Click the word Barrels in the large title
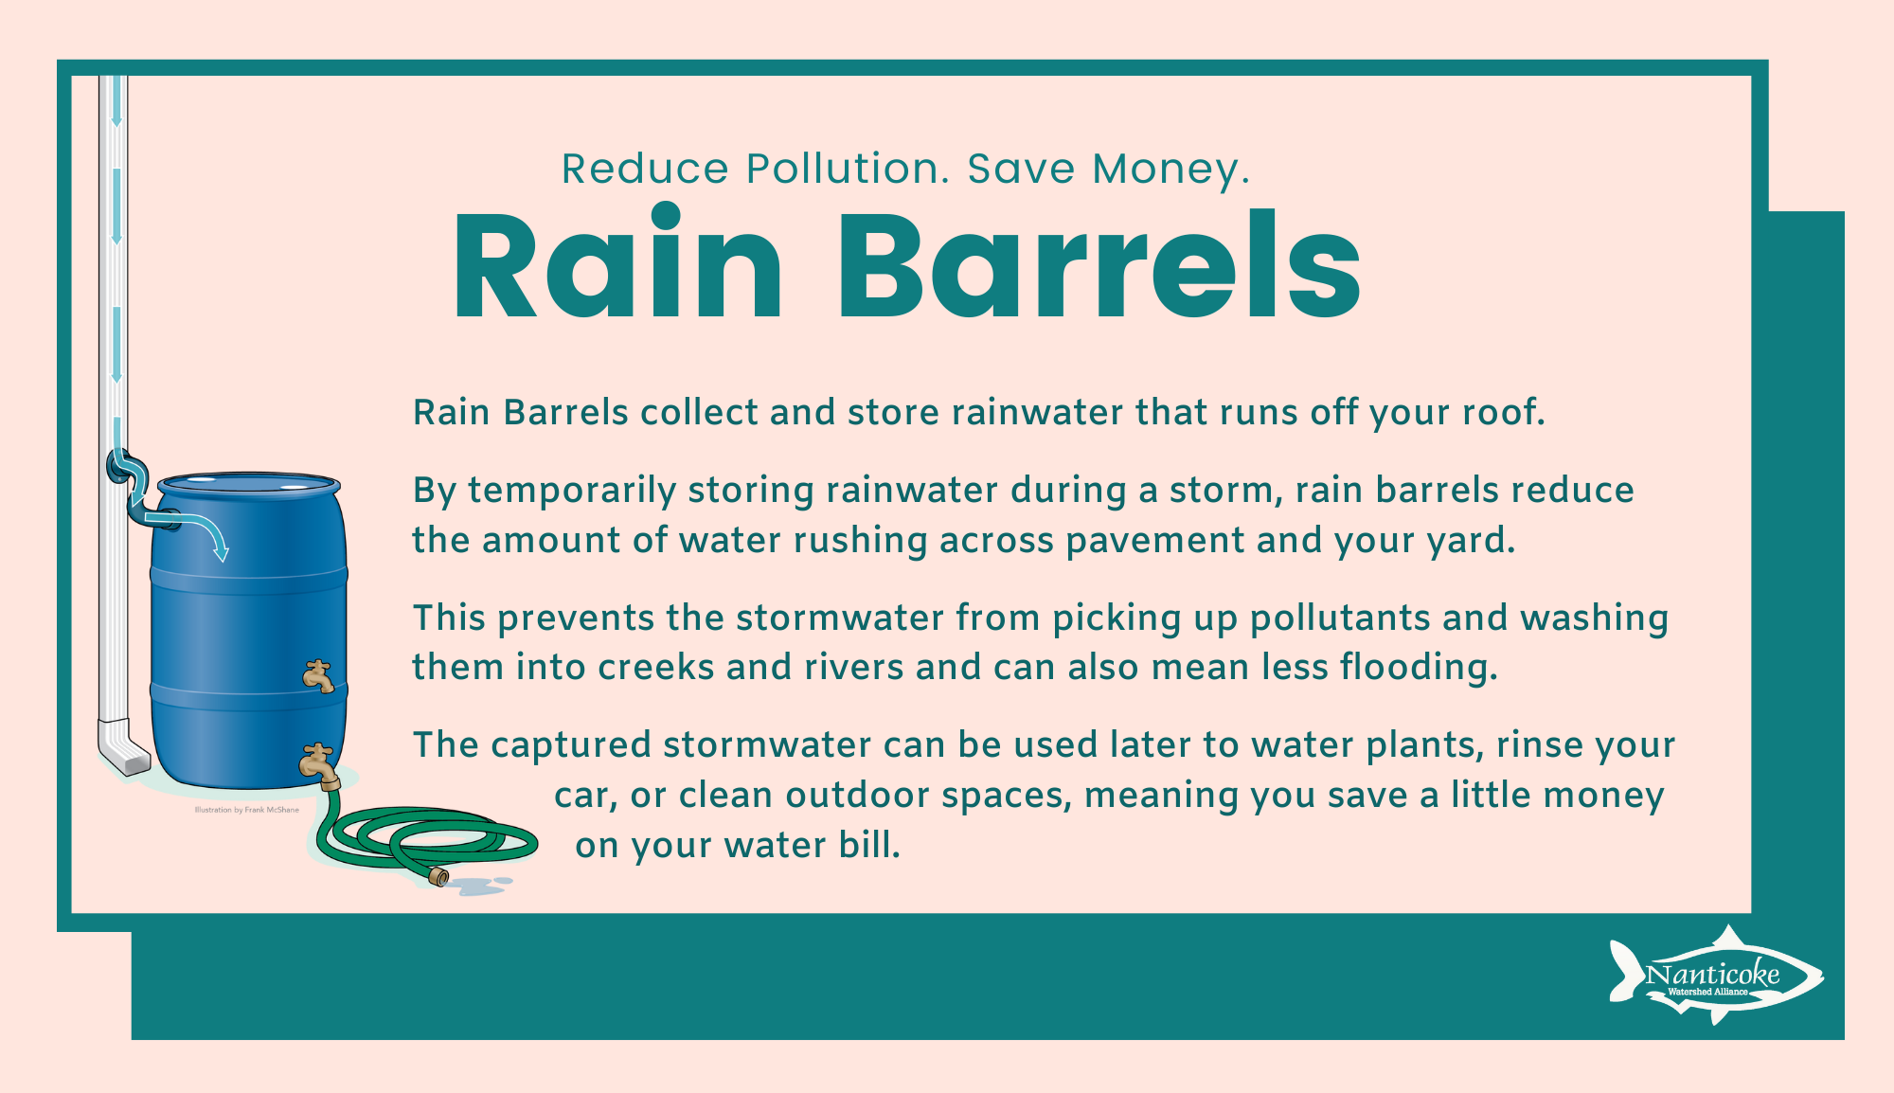tap(1099, 264)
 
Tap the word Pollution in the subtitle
tap(848, 169)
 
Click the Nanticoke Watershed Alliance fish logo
tap(1716, 976)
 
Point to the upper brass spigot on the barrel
tap(318, 675)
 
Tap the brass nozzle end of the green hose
tap(438, 876)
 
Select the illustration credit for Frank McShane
tap(246, 810)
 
